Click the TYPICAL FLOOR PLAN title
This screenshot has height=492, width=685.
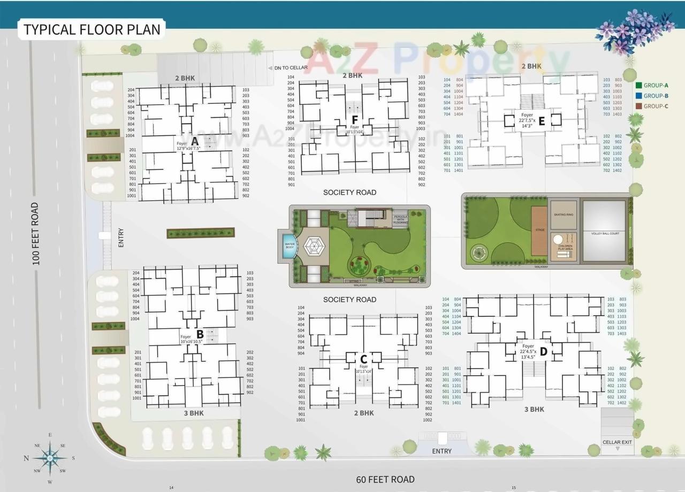[92, 29]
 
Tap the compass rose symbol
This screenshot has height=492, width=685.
[50, 458]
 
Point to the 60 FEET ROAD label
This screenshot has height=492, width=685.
[385, 479]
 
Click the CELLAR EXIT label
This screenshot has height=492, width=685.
[617, 442]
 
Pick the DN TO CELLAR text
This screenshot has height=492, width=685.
[291, 68]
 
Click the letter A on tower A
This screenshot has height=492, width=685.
[195, 141]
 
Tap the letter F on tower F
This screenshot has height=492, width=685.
[354, 119]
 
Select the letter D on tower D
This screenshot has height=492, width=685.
[543, 351]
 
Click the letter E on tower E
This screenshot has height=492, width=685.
[542, 121]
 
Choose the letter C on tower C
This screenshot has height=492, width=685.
[363, 358]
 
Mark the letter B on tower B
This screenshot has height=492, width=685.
[200, 334]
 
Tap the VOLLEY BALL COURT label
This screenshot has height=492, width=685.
[605, 234]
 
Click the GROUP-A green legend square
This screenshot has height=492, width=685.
[638, 86]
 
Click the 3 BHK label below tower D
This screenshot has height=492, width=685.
[534, 409]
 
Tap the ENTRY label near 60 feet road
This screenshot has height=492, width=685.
[442, 451]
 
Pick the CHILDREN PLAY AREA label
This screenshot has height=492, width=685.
[565, 248]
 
